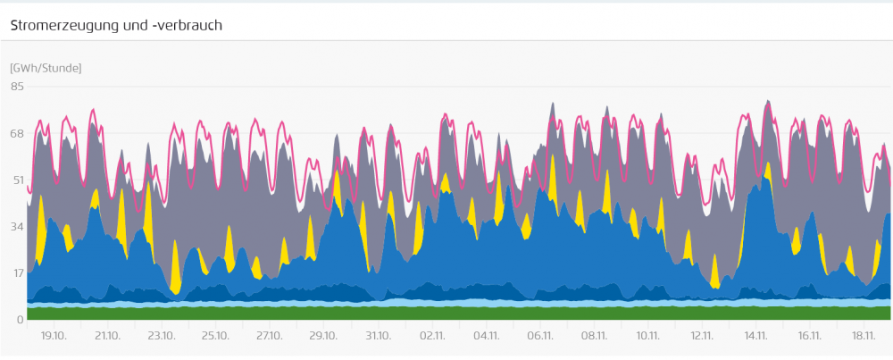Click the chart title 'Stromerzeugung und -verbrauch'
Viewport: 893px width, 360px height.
click(x=116, y=25)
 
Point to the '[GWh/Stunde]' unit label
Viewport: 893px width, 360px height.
click(x=46, y=68)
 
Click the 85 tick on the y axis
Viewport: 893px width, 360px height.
click(x=17, y=87)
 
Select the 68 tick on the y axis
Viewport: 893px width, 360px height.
click(x=17, y=134)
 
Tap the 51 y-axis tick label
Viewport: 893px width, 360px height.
click(x=17, y=180)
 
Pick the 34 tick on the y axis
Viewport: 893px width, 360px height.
click(x=17, y=227)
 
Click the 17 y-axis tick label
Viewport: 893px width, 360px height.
click(x=17, y=273)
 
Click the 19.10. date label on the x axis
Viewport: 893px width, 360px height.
click(x=54, y=336)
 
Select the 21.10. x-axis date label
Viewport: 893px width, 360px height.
click(x=108, y=336)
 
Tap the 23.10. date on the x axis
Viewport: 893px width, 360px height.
click(x=162, y=336)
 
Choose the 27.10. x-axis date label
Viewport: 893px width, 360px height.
click(x=270, y=336)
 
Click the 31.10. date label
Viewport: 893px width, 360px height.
click(x=378, y=336)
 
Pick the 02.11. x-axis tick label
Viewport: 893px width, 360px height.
click(x=432, y=336)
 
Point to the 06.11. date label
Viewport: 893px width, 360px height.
click(x=540, y=336)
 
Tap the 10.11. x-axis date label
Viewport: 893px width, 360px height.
click(x=648, y=336)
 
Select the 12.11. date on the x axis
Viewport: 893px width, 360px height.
click(x=702, y=336)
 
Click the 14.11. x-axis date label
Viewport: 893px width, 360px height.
click(x=755, y=336)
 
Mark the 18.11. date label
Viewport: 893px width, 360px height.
click(x=864, y=336)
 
